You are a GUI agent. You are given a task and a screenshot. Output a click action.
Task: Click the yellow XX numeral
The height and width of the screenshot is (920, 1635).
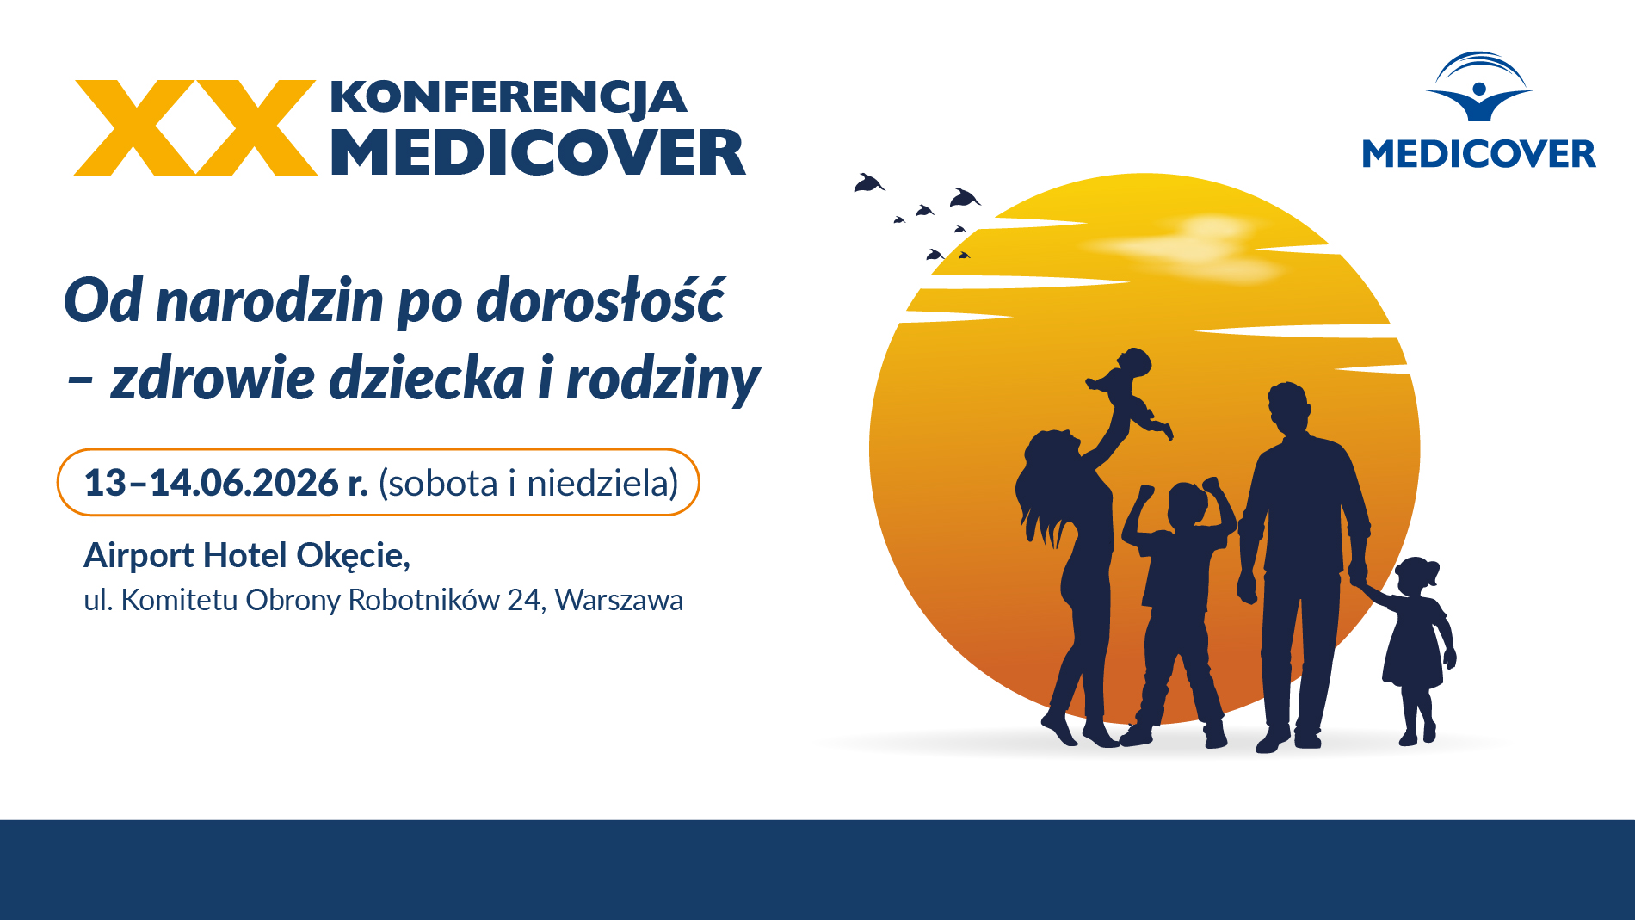(x=195, y=128)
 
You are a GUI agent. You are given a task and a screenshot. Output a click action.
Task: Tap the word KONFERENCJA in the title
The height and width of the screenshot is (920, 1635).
(x=509, y=98)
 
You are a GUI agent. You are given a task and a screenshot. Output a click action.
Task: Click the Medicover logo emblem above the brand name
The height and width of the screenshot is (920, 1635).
(x=1479, y=86)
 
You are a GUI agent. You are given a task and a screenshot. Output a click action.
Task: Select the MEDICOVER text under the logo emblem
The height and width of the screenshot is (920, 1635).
(x=1478, y=154)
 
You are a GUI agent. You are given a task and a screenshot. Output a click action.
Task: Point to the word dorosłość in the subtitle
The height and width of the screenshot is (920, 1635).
(x=601, y=300)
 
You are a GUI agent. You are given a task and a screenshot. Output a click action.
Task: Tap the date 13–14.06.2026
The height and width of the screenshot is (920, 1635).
(x=212, y=483)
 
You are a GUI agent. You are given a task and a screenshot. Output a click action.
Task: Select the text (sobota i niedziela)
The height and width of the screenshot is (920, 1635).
(x=528, y=483)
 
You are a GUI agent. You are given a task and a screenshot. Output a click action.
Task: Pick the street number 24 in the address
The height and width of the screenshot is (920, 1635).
(x=524, y=600)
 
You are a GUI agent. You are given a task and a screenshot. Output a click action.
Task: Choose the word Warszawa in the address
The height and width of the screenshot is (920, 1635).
(x=619, y=600)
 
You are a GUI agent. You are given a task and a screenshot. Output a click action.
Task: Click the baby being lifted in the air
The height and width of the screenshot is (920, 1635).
(x=1128, y=392)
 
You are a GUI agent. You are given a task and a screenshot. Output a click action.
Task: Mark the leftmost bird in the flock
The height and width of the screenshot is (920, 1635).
(x=869, y=183)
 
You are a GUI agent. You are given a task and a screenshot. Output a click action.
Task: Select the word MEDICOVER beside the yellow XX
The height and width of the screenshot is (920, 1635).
(x=538, y=153)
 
